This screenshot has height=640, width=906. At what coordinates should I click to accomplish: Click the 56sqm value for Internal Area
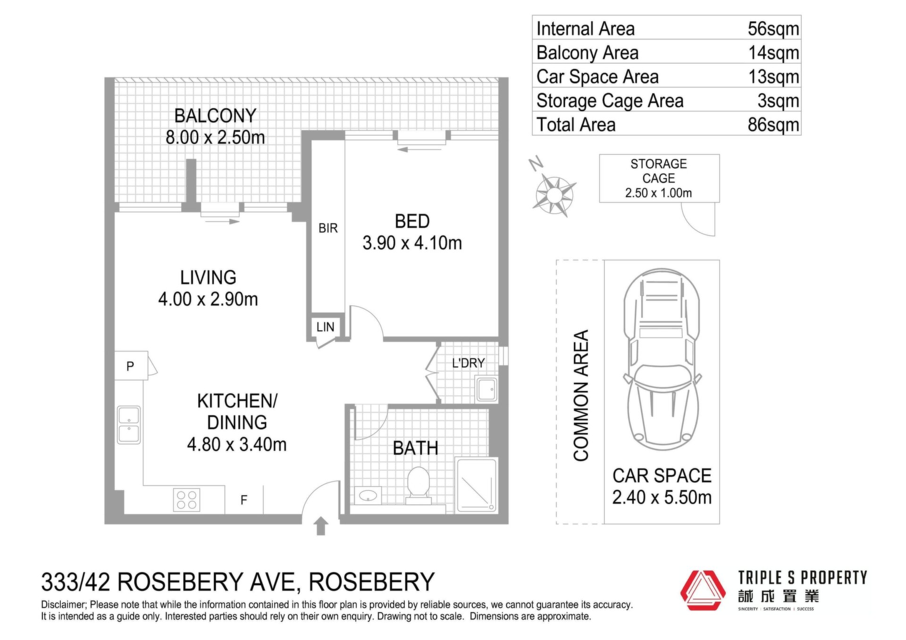tap(773, 29)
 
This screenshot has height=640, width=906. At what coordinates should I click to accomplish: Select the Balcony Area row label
tap(587, 53)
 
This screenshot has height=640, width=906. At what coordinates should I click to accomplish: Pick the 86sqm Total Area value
tap(773, 125)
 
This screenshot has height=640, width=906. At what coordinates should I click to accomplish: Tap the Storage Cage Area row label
tap(610, 101)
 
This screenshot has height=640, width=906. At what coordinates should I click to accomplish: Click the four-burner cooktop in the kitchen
tap(187, 500)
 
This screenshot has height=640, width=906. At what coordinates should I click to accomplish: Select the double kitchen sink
tap(129, 425)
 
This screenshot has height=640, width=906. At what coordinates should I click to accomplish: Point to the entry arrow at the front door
tap(321, 526)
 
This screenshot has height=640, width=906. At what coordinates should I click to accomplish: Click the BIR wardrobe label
tap(328, 228)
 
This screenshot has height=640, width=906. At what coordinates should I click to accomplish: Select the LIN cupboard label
tap(325, 327)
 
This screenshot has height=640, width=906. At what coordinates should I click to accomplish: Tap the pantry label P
tap(130, 366)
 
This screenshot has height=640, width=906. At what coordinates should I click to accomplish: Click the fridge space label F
tap(244, 500)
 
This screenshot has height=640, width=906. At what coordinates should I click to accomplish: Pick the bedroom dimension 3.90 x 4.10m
tap(412, 243)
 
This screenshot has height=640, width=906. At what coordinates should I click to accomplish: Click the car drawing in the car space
tap(662, 359)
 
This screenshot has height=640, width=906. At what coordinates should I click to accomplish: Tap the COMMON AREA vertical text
tap(581, 395)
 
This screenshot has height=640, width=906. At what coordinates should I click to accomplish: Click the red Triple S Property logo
tap(702, 590)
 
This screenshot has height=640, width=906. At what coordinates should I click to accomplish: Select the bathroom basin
tap(368, 496)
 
